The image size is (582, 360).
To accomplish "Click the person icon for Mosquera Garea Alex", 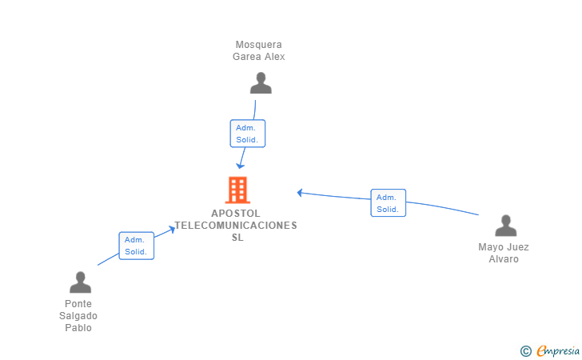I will pyautogui.click(x=261, y=83).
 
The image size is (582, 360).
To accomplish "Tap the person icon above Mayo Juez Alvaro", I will pyautogui.click(x=505, y=226).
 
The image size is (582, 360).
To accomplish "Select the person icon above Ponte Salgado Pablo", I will pyautogui.click(x=80, y=282).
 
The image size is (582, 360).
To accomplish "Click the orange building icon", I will pyautogui.click(x=237, y=190).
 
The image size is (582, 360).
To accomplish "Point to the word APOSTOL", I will pyautogui.click(x=236, y=214).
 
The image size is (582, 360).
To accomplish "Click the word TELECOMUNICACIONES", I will pyautogui.click(x=236, y=226).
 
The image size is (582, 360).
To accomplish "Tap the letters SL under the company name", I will pyautogui.click(x=237, y=238).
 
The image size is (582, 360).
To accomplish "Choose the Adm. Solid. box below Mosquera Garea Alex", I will pyautogui.click(x=247, y=134).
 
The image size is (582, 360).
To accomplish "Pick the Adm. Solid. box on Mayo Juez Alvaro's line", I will pyautogui.click(x=388, y=203).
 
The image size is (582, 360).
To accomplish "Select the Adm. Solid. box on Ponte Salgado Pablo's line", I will pyautogui.click(x=136, y=246).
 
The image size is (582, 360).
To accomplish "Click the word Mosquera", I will pyautogui.click(x=258, y=45).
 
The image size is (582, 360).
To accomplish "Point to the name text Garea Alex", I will pyautogui.click(x=258, y=57).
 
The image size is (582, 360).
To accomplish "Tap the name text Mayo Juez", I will pyautogui.click(x=504, y=247).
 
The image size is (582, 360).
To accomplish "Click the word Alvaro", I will pyautogui.click(x=504, y=259).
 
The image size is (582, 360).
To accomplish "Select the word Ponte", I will pyautogui.click(x=78, y=304).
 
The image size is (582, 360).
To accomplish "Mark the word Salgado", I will pyautogui.click(x=78, y=316).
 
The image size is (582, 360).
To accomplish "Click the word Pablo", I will pyautogui.click(x=78, y=328).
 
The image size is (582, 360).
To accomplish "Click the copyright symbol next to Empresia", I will pyautogui.click(x=525, y=350).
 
